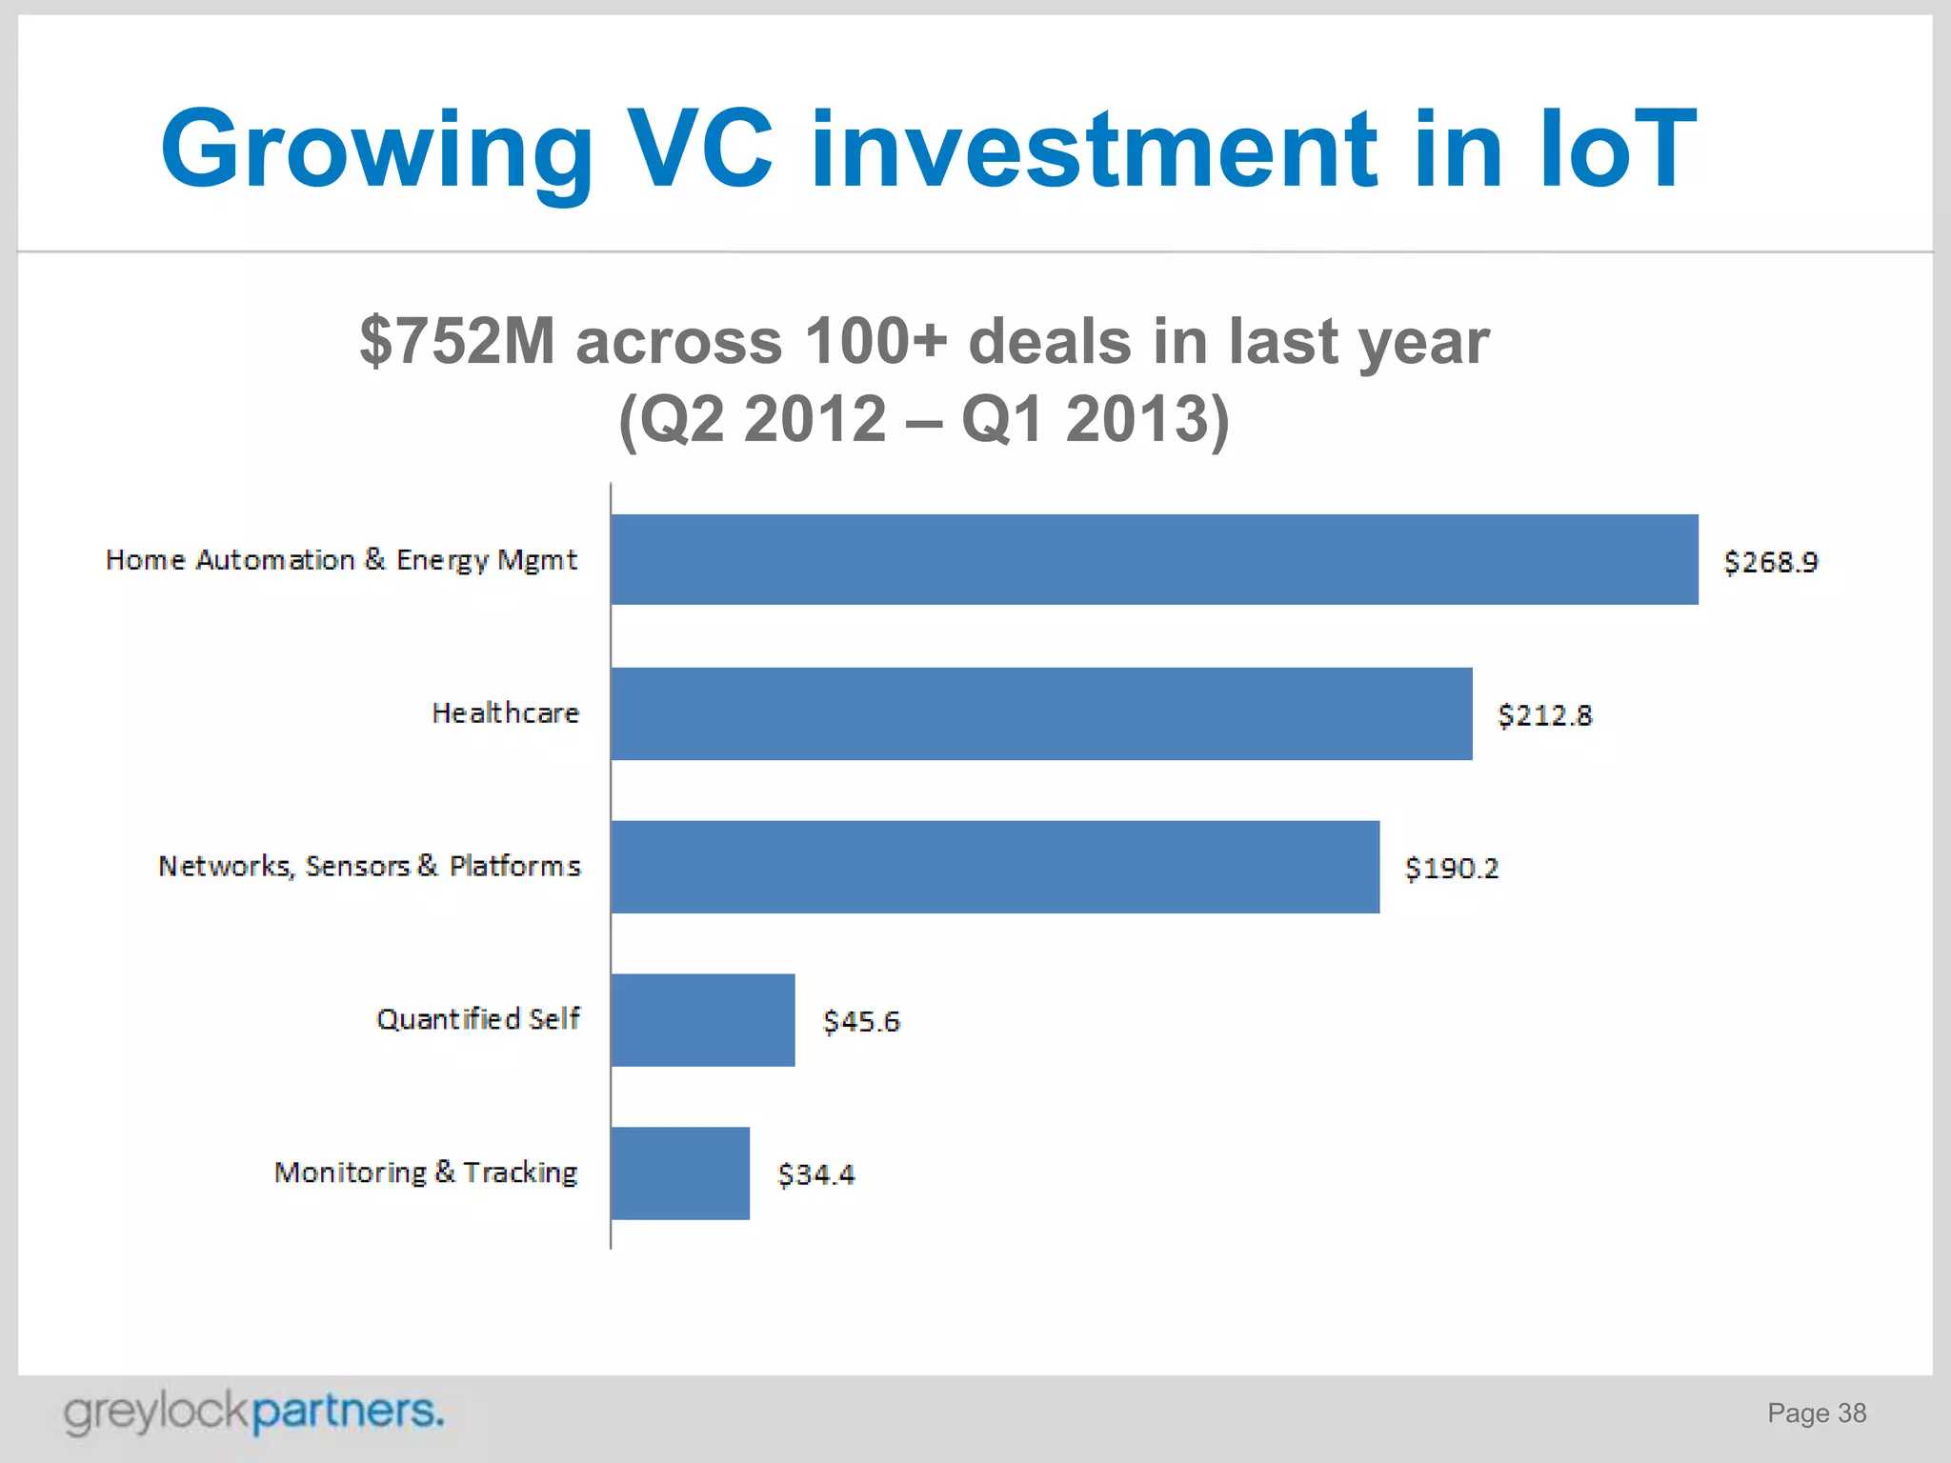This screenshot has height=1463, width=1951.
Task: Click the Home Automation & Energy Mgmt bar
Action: tap(1154, 559)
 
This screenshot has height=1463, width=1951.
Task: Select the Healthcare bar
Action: tap(1041, 713)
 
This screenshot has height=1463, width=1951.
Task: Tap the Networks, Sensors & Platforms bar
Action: tap(995, 867)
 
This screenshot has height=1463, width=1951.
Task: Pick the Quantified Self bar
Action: tap(703, 1020)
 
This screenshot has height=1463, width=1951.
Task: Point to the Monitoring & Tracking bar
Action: tap(680, 1172)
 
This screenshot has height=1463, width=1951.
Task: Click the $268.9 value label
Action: tap(1771, 562)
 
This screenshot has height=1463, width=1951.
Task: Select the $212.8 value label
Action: tap(1544, 715)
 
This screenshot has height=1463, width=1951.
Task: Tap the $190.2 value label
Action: tap(1452, 869)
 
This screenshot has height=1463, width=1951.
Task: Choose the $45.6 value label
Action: tap(861, 1022)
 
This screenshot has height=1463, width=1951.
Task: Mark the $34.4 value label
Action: tap(816, 1174)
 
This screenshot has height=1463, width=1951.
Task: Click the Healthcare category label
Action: tap(505, 713)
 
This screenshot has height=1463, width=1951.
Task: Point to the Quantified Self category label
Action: tap(477, 1019)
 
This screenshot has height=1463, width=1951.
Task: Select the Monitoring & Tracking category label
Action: tap(426, 1172)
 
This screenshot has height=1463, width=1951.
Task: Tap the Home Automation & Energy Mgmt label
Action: tap(341, 560)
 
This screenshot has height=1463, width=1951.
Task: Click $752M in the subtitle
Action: tap(457, 341)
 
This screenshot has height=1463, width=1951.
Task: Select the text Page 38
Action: tap(1817, 1413)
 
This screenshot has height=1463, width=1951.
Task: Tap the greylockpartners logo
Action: tap(253, 1412)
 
